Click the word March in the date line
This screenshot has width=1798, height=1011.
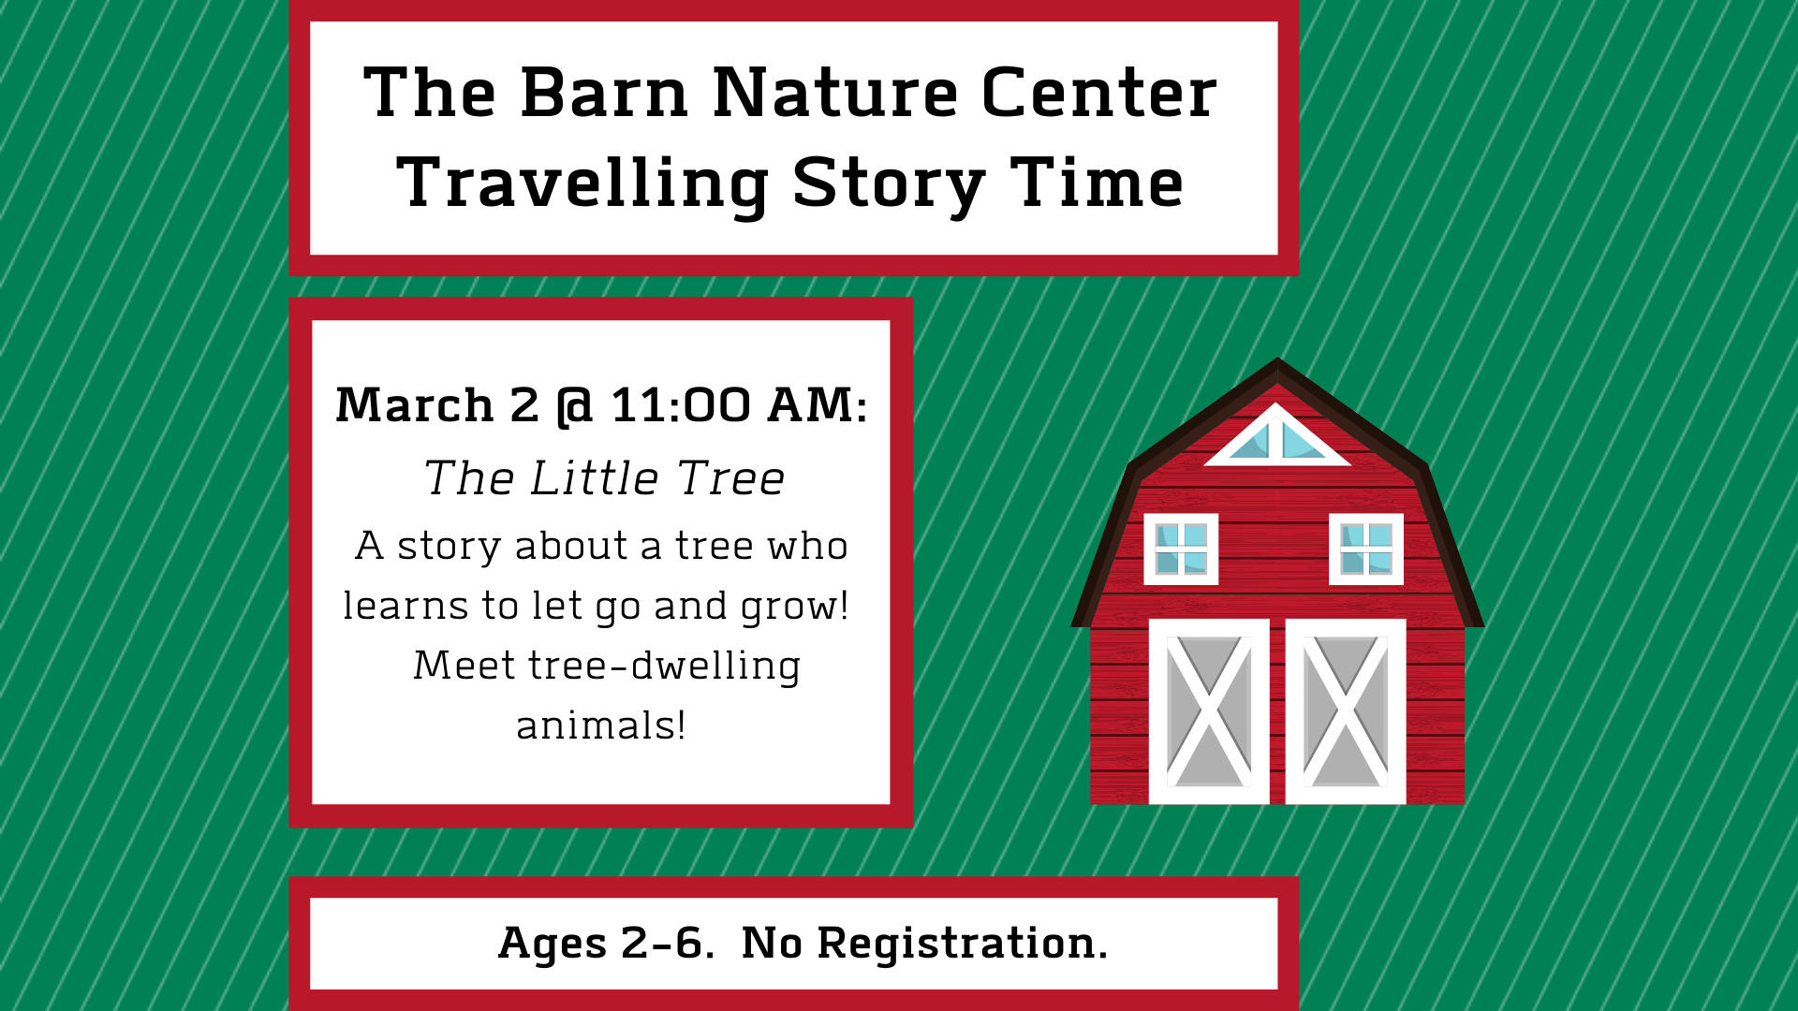click(414, 405)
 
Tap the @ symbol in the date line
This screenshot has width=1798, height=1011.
click(574, 407)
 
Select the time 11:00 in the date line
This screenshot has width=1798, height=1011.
click(681, 405)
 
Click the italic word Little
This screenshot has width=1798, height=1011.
click(594, 478)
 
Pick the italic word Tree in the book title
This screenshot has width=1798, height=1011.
click(730, 478)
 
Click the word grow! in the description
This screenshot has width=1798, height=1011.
click(794, 608)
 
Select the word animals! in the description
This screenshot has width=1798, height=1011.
click(601, 725)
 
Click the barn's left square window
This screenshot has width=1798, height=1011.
click(1181, 549)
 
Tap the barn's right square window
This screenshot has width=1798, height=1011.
click(1366, 549)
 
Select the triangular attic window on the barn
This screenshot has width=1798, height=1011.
click(1277, 438)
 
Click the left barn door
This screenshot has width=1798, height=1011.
click(1209, 711)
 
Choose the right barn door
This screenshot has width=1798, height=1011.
click(1346, 711)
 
